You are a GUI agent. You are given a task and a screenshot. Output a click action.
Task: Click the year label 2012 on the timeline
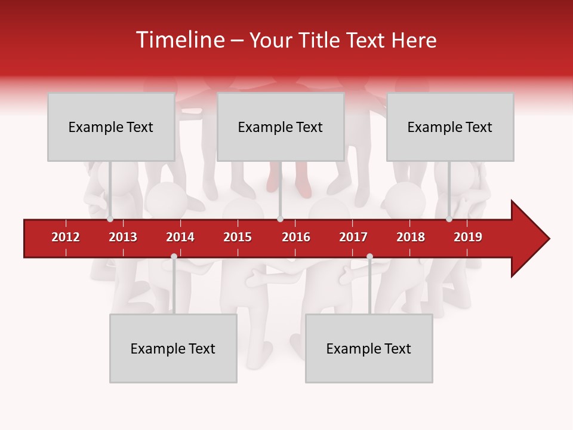(x=66, y=237)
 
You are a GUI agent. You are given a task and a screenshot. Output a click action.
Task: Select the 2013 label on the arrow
(x=123, y=237)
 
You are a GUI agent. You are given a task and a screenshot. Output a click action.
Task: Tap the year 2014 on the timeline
(x=180, y=237)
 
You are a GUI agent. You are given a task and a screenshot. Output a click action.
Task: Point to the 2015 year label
(x=238, y=237)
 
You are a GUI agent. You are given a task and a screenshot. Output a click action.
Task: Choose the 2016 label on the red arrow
(x=296, y=237)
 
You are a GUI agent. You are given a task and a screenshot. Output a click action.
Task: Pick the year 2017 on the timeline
(x=353, y=237)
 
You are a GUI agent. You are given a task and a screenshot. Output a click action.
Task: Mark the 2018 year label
(x=411, y=237)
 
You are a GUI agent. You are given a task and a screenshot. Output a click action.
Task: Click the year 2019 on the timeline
(x=468, y=237)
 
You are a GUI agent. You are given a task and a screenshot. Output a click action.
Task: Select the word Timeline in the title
(x=178, y=40)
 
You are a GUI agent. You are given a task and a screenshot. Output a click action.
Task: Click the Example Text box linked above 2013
(x=111, y=127)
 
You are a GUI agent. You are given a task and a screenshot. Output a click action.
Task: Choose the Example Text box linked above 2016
(x=281, y=127)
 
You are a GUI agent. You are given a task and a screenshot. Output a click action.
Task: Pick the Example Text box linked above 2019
(x=450, y=127)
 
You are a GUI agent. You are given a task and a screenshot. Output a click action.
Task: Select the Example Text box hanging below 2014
(x=173, y=348)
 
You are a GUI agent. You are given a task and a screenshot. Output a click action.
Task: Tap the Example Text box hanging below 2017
(x=369, y=348)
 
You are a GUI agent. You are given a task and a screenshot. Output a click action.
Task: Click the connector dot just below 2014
(x=174, y=257)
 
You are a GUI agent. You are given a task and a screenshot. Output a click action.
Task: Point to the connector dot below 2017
(x=369, y=257)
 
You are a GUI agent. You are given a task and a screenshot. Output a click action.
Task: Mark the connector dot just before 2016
(x=280, y=219)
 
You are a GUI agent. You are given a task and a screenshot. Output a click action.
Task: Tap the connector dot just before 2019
(x=449, y=219)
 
